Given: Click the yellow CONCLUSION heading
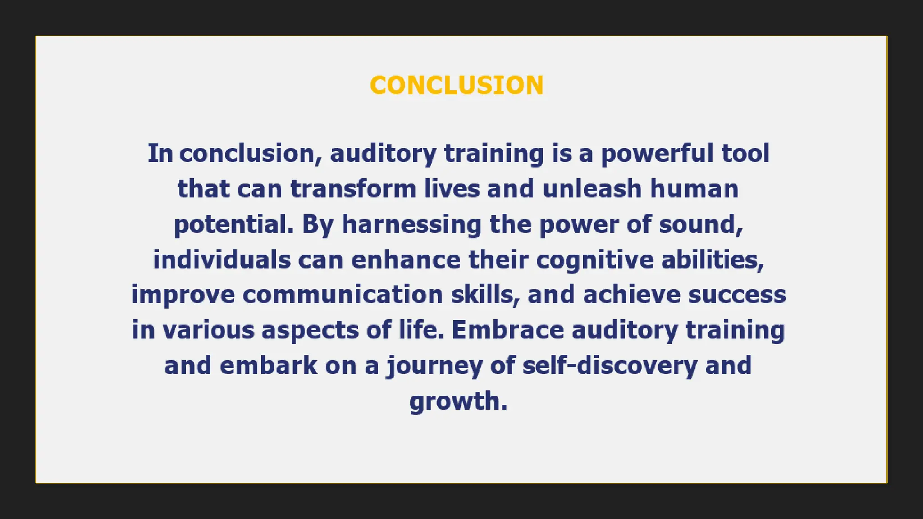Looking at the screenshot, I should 457,85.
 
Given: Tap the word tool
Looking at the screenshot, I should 745,153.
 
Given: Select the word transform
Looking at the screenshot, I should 353,189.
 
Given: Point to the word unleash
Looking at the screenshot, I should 592,189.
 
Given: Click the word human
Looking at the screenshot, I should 694,189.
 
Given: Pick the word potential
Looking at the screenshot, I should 233,224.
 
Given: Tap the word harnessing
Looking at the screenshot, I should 411,224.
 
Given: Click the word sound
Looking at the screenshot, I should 700,224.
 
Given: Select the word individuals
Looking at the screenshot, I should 222,260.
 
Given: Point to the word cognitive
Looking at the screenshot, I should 594,260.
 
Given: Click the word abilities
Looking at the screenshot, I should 713,260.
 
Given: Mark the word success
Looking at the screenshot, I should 737,295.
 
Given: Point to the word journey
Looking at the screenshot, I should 434,366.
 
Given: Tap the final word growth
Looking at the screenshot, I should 458,401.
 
